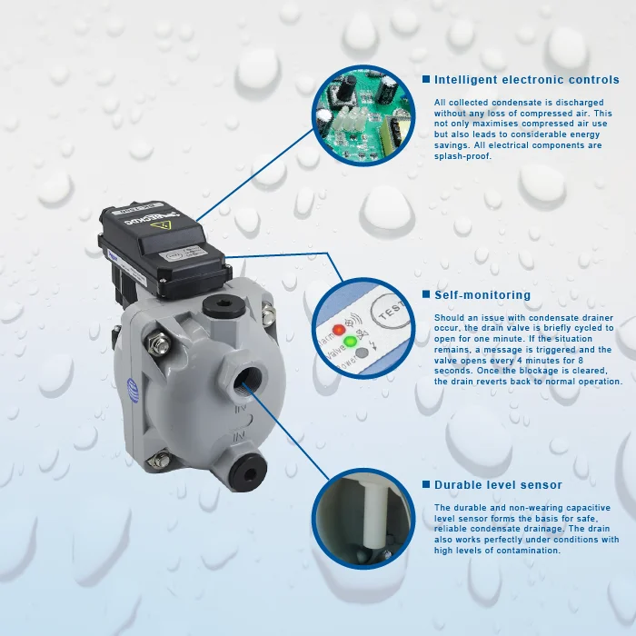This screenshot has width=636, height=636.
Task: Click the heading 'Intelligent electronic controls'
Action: pyautogui.click(x=526, y=80)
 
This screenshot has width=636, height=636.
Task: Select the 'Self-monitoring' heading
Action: pyautogui.click(x=482, y=295)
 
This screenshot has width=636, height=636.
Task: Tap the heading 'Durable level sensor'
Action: pyautogui.click(x=498, y=485)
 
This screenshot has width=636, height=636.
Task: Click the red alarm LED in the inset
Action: pyautogui.click(x=339, y=330)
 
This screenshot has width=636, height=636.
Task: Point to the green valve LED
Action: pyautogui.click(x=351, y=341)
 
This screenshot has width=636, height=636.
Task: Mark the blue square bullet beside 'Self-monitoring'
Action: pyautogui.click(x=425, y=295)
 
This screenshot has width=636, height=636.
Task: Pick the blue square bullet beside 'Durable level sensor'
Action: pyautogui.click(x=425, y=485)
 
